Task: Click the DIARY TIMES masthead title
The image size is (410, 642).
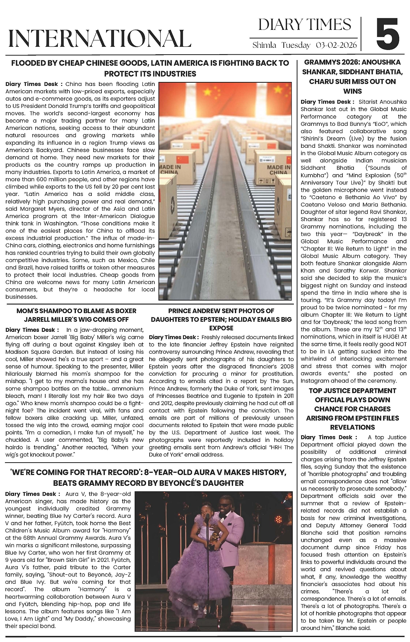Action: [x=305, y=25]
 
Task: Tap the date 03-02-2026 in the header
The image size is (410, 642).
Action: [x=336, y=45]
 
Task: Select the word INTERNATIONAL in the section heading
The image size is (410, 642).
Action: [x=100, y=38]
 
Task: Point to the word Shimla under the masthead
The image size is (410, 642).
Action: [x=264, y=45]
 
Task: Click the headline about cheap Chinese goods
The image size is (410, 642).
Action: [x=150, y=68]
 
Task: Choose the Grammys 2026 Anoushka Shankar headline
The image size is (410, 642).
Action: [x=352, y=77]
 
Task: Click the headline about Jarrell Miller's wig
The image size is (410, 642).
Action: [x=76, y=315]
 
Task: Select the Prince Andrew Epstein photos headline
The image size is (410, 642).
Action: [x=221, y=319]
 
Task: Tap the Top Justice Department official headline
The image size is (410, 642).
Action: [x=352, y=409]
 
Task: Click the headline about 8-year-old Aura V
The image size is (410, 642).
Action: [x=150, y=477]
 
